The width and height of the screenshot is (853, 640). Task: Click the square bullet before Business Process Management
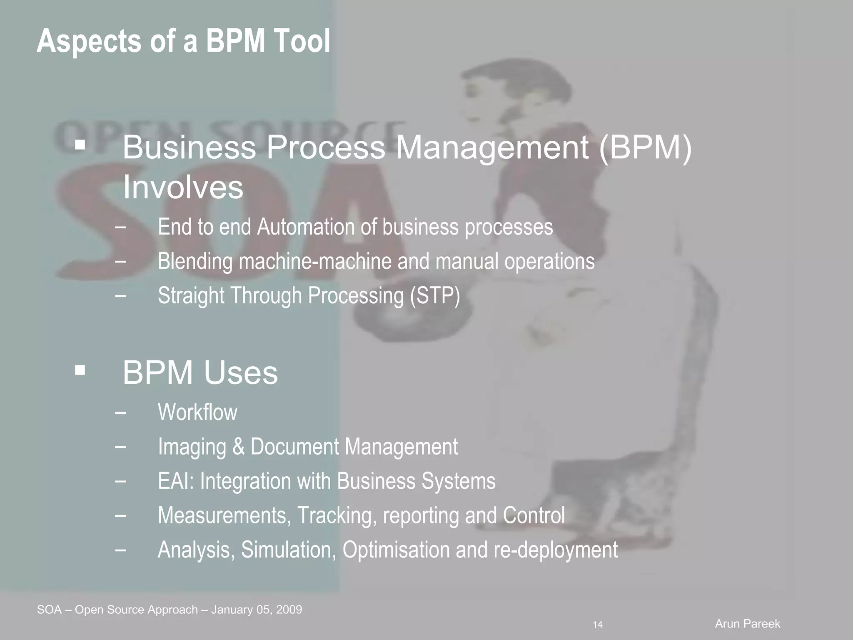[x=80, y=145]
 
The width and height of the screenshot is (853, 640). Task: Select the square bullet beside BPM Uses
[x=80, y=370]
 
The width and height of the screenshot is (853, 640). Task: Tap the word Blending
[x=195, y=262]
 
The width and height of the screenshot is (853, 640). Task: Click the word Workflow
[x=197, y=412]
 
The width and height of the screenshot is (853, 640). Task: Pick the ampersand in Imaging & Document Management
[x=238, y=447]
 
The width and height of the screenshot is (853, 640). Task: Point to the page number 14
[x=598, y=625]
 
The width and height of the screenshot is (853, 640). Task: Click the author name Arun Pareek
[x=748, y=624]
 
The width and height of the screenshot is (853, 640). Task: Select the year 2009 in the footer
[x=289, y=610]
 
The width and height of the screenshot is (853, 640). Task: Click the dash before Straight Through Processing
[x=120, y=296]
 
